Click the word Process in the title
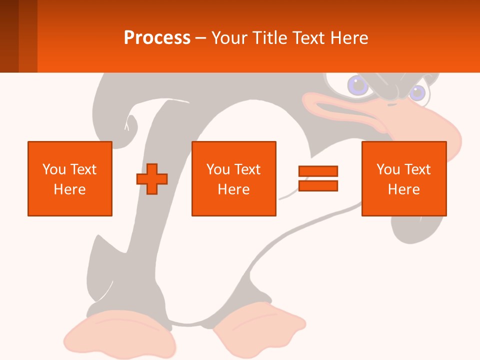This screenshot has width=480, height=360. coord(157,37)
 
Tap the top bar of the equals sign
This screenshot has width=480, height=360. coord(318,171)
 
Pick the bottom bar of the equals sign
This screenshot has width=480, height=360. coord(318,185)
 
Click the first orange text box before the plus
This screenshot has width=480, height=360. coord(70,178)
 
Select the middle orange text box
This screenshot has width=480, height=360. coord(234,178)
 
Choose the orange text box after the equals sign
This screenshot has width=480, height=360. coord(404,178)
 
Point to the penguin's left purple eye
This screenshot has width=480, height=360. coord(358,85)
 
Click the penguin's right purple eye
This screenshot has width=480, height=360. coord(417,92)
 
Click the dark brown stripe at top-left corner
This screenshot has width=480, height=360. coord(9,36)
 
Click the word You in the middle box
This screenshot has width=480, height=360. coord(218,169)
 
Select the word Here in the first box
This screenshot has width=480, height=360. coord(69,189)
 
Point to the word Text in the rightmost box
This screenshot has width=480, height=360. coord(416,169)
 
